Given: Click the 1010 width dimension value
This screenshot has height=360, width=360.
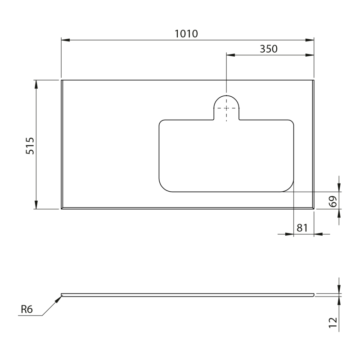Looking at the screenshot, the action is [x=186, y=34].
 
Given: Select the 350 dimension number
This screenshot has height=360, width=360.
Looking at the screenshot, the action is [x=269, y=49].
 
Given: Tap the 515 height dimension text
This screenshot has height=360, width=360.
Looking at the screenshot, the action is [x=30, y=146].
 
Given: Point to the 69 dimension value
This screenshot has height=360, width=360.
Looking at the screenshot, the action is [x=333, y=201].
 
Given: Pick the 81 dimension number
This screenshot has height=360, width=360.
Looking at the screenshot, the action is [x=302, y=228].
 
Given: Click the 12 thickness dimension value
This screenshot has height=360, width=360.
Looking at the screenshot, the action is [x=333, y=323].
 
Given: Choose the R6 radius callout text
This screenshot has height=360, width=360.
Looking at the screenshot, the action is [x=27, y=309].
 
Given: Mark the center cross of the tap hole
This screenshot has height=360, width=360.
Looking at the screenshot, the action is [x=226, y=108].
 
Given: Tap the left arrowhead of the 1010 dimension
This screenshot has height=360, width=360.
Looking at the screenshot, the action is [x=65, y=40].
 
